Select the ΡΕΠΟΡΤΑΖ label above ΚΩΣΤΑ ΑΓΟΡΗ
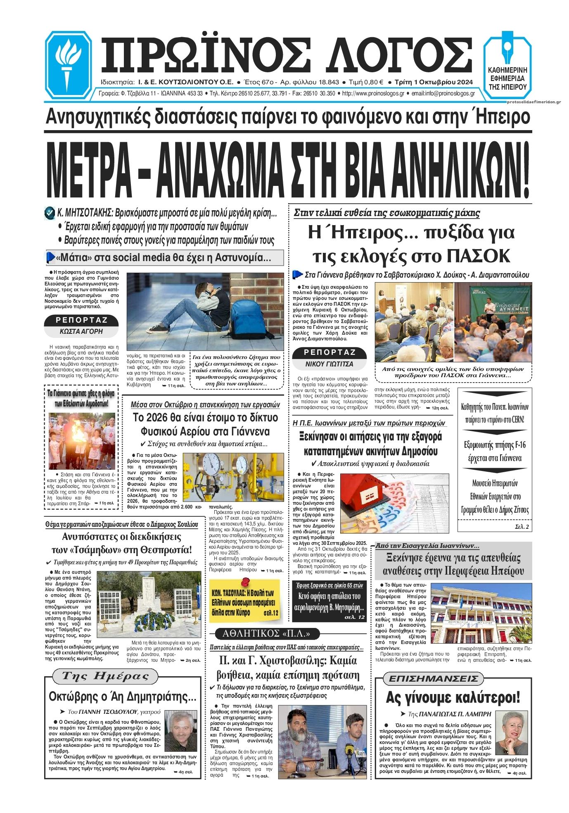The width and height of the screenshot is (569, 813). coord(81,320)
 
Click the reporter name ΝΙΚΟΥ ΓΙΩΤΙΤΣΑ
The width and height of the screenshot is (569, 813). coord(329,364)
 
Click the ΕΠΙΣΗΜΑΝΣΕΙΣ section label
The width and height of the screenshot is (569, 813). coord(434,679)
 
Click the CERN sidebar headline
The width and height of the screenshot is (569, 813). coord(495,413)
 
